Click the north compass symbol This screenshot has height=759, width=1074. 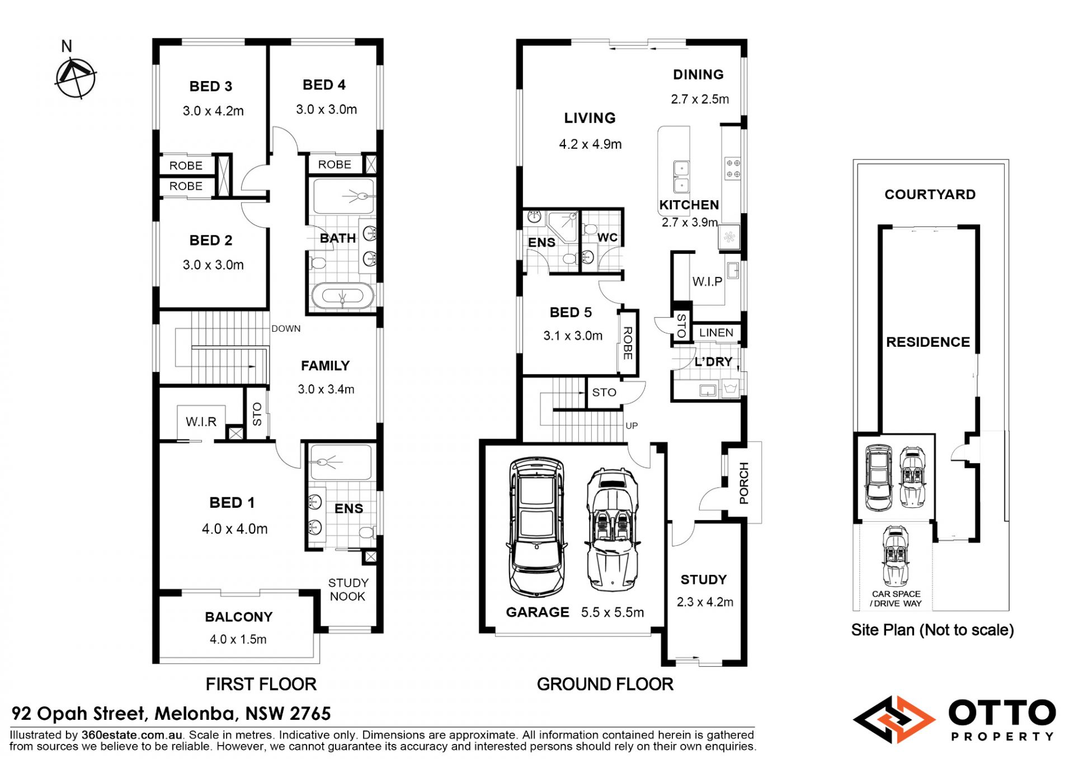coord(76,78)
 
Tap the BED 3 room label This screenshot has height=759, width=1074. coord(211,87)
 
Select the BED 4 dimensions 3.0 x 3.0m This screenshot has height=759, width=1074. coord(327,110)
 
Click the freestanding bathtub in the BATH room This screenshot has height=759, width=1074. coord(342,296)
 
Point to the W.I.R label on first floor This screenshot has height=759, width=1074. coord(201,422)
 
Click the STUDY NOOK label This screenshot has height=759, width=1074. coord(348,590)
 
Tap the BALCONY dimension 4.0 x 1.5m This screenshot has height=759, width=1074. coord(238,639)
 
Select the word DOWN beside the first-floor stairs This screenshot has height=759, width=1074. coord(286,329)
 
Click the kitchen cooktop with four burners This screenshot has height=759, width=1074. coord(733,168)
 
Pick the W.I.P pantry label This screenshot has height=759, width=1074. coord(708,281)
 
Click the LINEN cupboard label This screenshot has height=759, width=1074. coord(716,333)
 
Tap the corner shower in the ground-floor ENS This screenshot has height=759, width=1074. coord(563,226)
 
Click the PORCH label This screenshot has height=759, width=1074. coord(744,483)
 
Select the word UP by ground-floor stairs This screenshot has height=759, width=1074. coord(632,426)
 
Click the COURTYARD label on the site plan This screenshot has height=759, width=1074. coord(930,195)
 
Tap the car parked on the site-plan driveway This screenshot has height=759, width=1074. coord(896,555)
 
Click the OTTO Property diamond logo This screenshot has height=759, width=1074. coord(894,719)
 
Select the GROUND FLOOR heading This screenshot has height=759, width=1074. coord(605,684)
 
